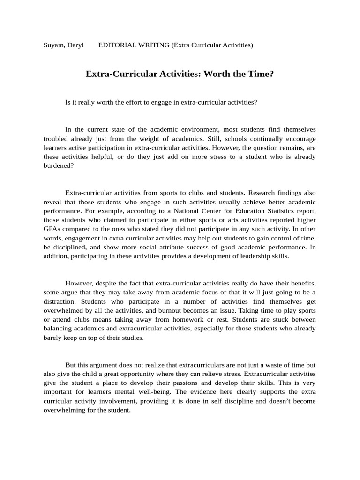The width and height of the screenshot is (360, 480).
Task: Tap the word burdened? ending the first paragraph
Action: (x=59, y=165)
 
